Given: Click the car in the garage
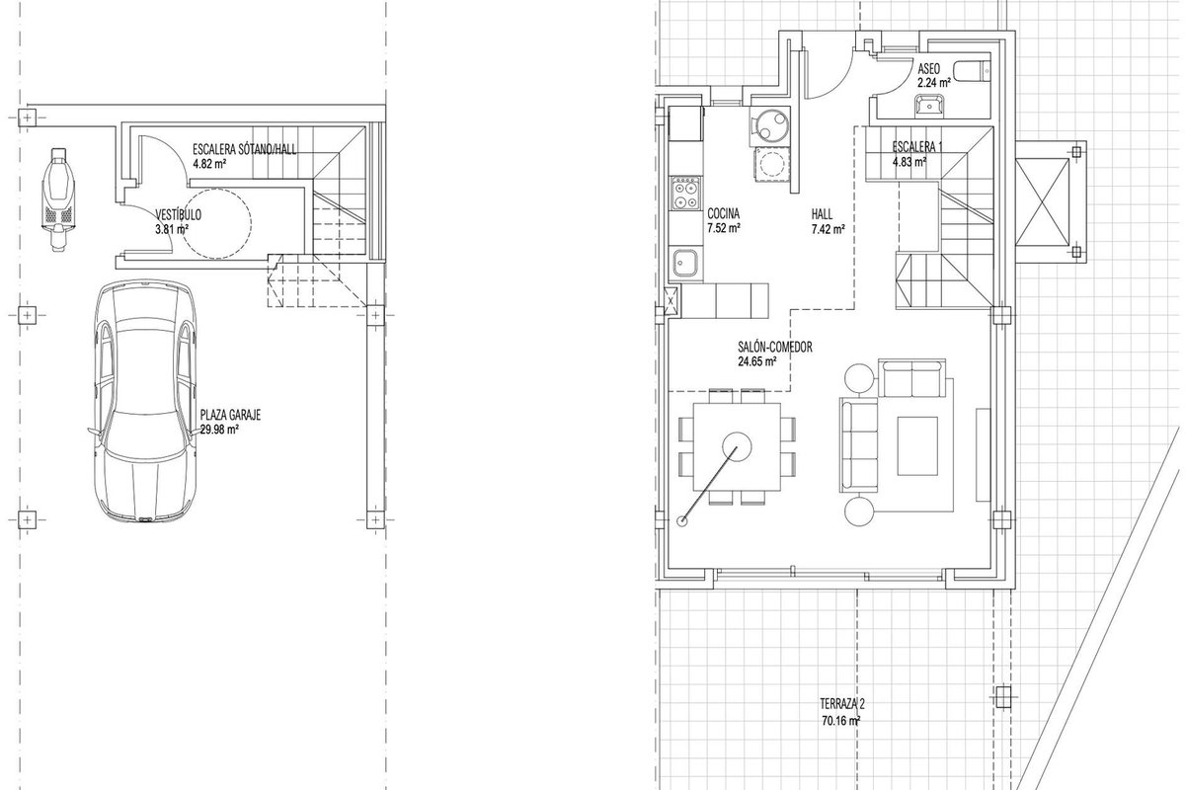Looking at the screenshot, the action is click(144, 402).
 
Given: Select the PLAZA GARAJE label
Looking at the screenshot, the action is click(230, 415).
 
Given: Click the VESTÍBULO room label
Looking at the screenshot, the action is click(179, 215).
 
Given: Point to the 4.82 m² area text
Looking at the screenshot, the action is click(209, 164).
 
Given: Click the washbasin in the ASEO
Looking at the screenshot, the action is click(928, 105).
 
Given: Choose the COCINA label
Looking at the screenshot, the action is click(723, 213).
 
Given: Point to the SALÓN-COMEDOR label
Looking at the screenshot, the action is click(775, 348).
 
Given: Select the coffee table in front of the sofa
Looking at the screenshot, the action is click(917, 445).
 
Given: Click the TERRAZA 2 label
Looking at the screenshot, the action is click(842, 704).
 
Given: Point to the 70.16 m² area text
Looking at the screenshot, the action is click(840, 720).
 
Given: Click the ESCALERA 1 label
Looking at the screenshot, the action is click(917, 146).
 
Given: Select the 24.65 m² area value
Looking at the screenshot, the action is click(757, 362).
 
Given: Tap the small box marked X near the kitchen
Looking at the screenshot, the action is click(671, 300).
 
